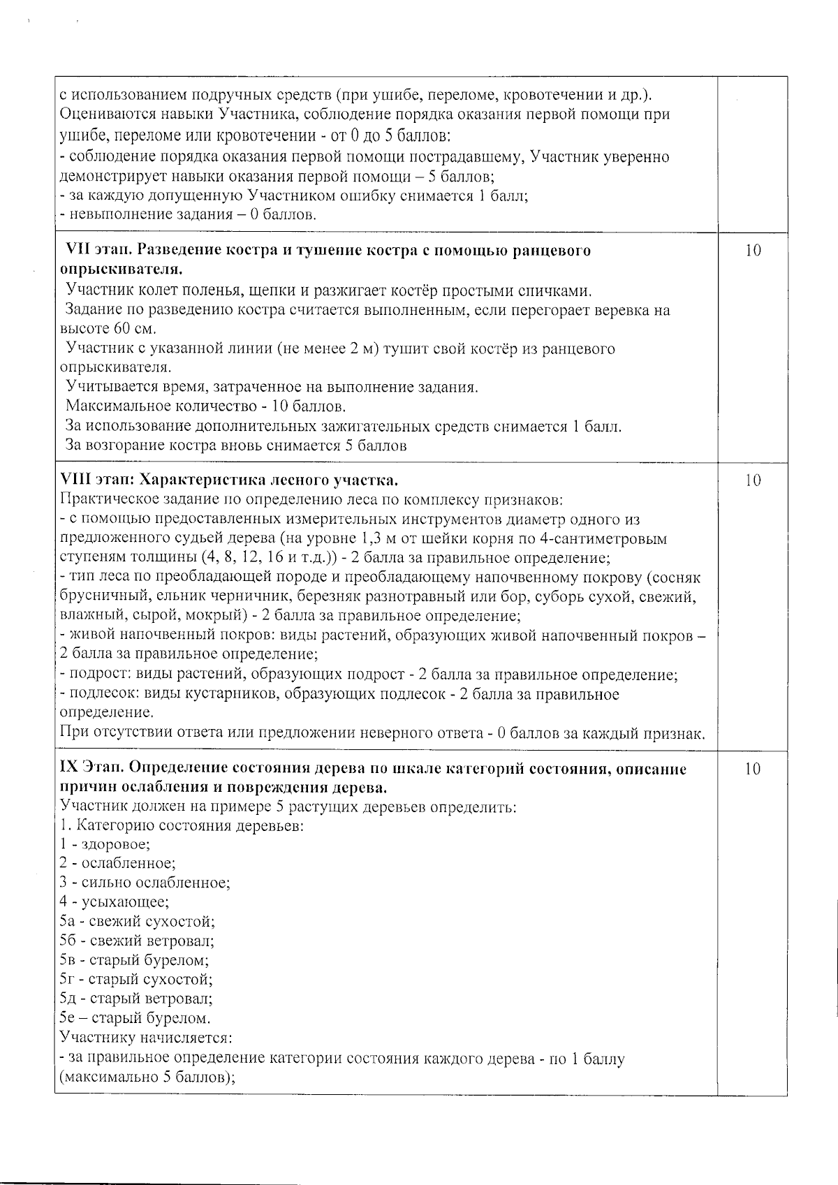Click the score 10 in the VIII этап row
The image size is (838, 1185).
[752, 480]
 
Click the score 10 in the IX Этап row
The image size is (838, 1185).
[752, 770]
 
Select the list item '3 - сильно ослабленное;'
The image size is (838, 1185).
[145, 883]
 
